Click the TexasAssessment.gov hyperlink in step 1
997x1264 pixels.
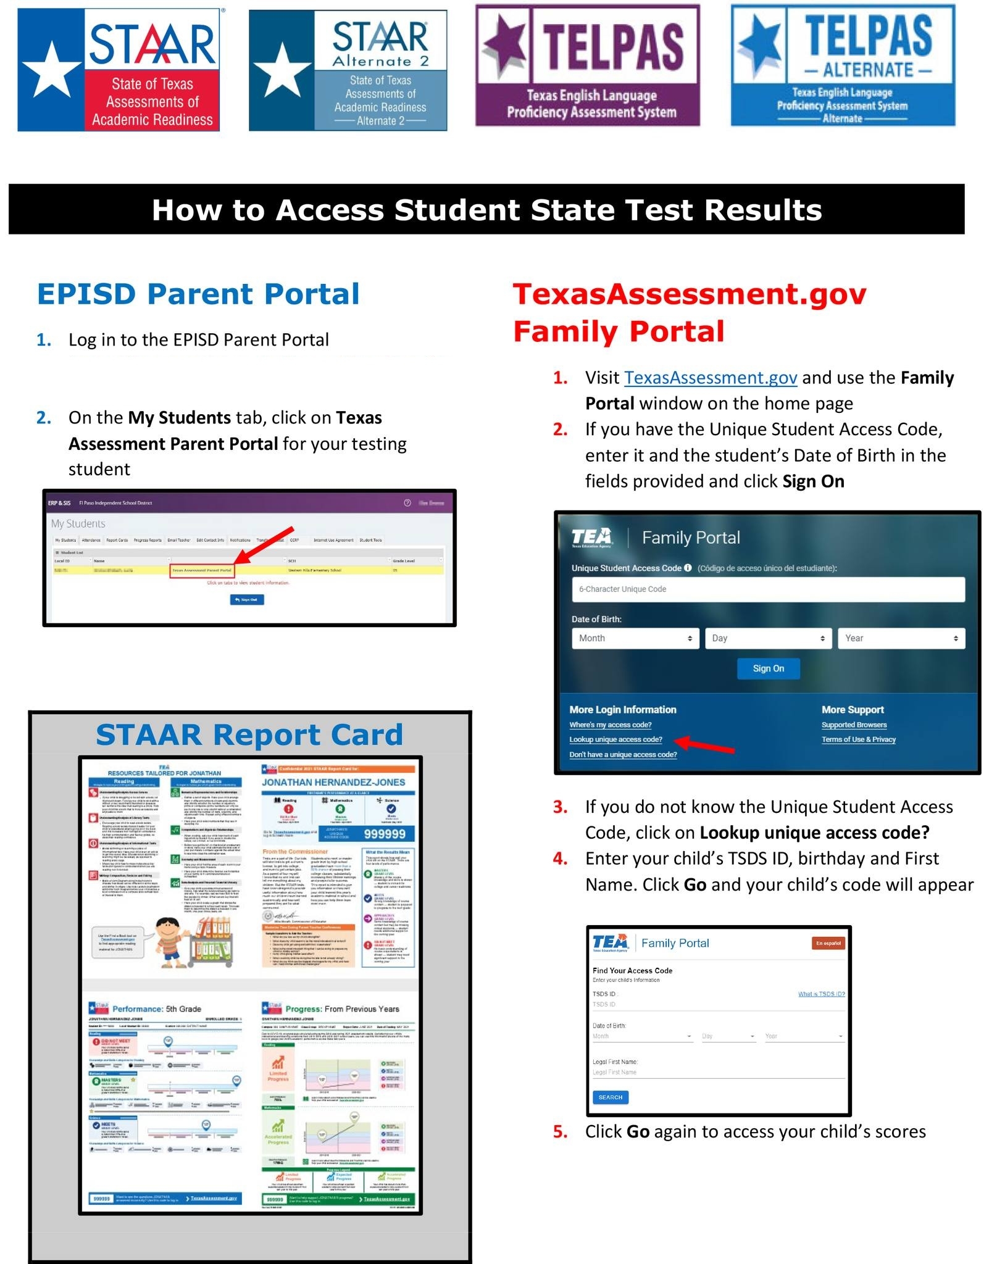pos(710,377)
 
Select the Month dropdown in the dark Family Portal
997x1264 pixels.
pos(635,638)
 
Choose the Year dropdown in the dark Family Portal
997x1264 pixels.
pos(900,638)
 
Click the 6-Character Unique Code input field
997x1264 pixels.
pos(767,589)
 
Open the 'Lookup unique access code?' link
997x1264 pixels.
pos(615,739)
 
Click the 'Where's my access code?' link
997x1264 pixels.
pos(610,725)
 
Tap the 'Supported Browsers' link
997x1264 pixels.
pos(854,725)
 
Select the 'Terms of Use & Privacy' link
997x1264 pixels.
pos(858,739)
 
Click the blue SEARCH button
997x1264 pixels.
pos(610,1097)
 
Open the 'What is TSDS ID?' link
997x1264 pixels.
pos(821,994)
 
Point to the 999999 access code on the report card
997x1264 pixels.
pos(385,834)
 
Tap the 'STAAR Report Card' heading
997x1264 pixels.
pos(249,734)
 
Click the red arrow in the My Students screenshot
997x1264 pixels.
pos(264,545)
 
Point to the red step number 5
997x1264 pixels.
pos(560,1131)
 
